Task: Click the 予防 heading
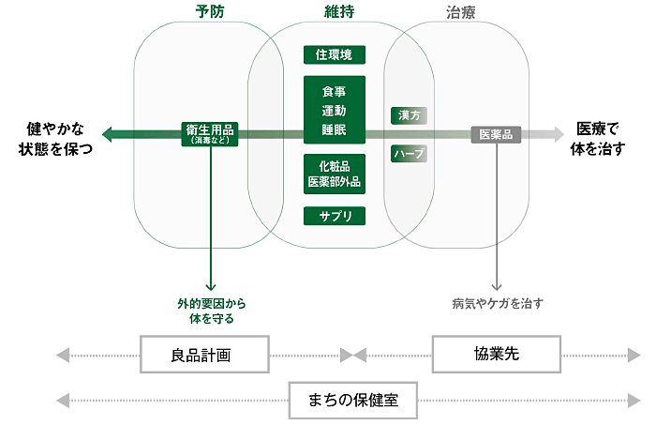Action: click(210, 12)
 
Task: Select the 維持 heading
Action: click(335, 12)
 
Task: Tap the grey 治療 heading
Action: click(458, 12)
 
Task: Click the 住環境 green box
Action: click(335, 54)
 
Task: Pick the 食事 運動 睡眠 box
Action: click(335, 110)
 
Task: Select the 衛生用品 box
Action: click(210, 135)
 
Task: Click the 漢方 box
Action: click(409, 115)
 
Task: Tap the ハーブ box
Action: click(409, 153)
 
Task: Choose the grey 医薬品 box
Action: click(495, 135)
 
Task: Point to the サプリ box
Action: click(335, 216)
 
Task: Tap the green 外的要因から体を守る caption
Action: click(212, 311)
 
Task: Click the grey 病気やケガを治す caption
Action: click(497, 303)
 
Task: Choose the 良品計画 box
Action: click(205, 355)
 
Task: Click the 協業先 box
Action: click(496, 355)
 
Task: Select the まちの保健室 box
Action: click(352, 400)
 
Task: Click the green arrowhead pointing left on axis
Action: click(108, 135)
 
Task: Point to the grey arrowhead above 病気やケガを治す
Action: click(496, 283)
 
